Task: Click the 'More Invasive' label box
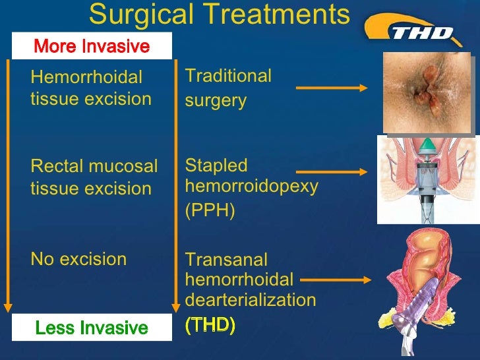[91, 46]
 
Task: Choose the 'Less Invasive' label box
[91, 328]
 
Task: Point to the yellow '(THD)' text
[210, 326]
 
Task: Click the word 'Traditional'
[228, 76]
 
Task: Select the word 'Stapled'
[216, 165]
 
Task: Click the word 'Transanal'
[226, 260]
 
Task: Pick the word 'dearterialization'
[251, 301]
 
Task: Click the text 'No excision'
[78, 259]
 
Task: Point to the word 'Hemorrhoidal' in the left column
[86, 78]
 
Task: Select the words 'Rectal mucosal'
[94, 167]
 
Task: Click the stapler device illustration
[429, 181]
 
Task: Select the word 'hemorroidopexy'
[251, 186]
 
